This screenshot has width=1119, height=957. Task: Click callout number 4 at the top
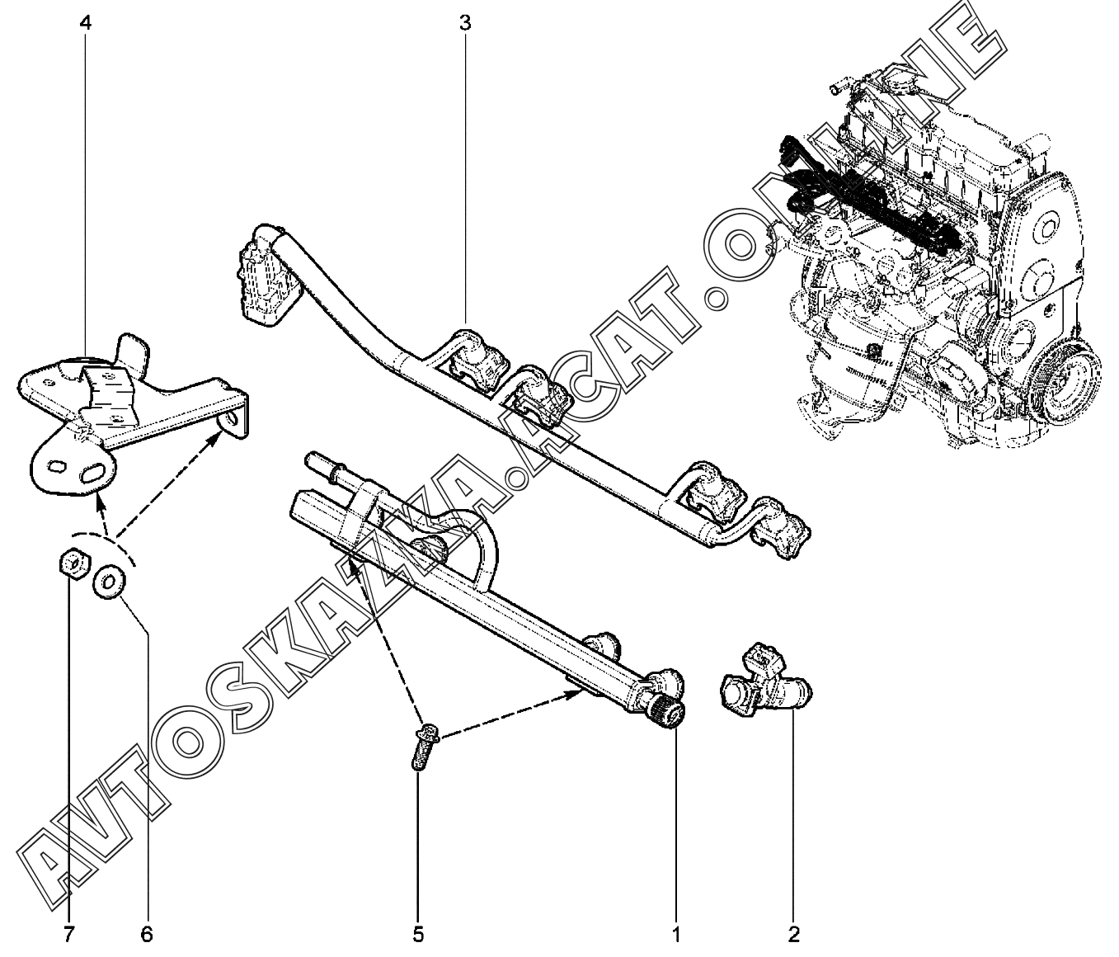[85, 22]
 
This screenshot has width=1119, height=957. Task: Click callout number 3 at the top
[465, 22]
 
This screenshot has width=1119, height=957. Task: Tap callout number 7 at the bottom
[69, 935]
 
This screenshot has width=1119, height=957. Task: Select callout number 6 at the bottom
[147, 935]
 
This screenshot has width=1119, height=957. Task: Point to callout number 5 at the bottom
[418, 935]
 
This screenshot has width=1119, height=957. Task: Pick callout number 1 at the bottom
[676, 935]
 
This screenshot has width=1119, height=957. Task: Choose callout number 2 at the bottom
[793, 935]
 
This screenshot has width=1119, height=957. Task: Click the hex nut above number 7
[72, 564]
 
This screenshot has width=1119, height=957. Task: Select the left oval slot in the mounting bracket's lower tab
[57, 467]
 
